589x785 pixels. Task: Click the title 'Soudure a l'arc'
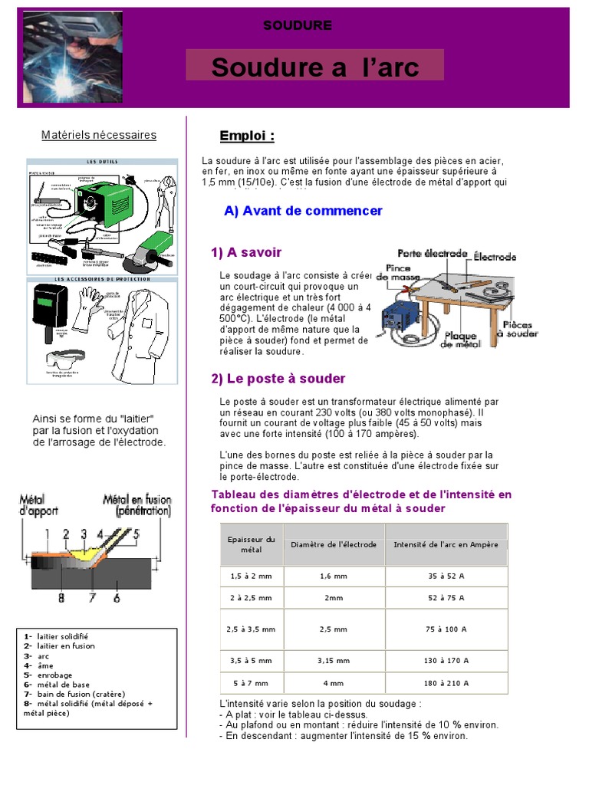pyautogui.click(x=315, y=67)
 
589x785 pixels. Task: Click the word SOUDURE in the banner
pyautogui.click(x=298, y=25)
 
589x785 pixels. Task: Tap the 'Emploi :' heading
pyautogui.click(x=247, y=136)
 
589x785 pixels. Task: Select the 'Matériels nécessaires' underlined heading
pyautogui.click(x=98, y=136)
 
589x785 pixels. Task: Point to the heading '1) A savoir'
pyautogui.click(x=246, y=252)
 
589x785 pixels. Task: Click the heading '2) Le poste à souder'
pyautogui.click(x=278, y=379)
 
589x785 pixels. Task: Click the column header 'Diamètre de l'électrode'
pyautogui.click(x=333, y=544)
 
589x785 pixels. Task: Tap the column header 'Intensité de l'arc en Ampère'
pyautogui.click(x=446, y=544)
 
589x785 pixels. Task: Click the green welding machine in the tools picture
pyautogui.click(x=107, y=202)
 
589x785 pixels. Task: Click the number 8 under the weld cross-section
pyautogui.click(x=61, y=597)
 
